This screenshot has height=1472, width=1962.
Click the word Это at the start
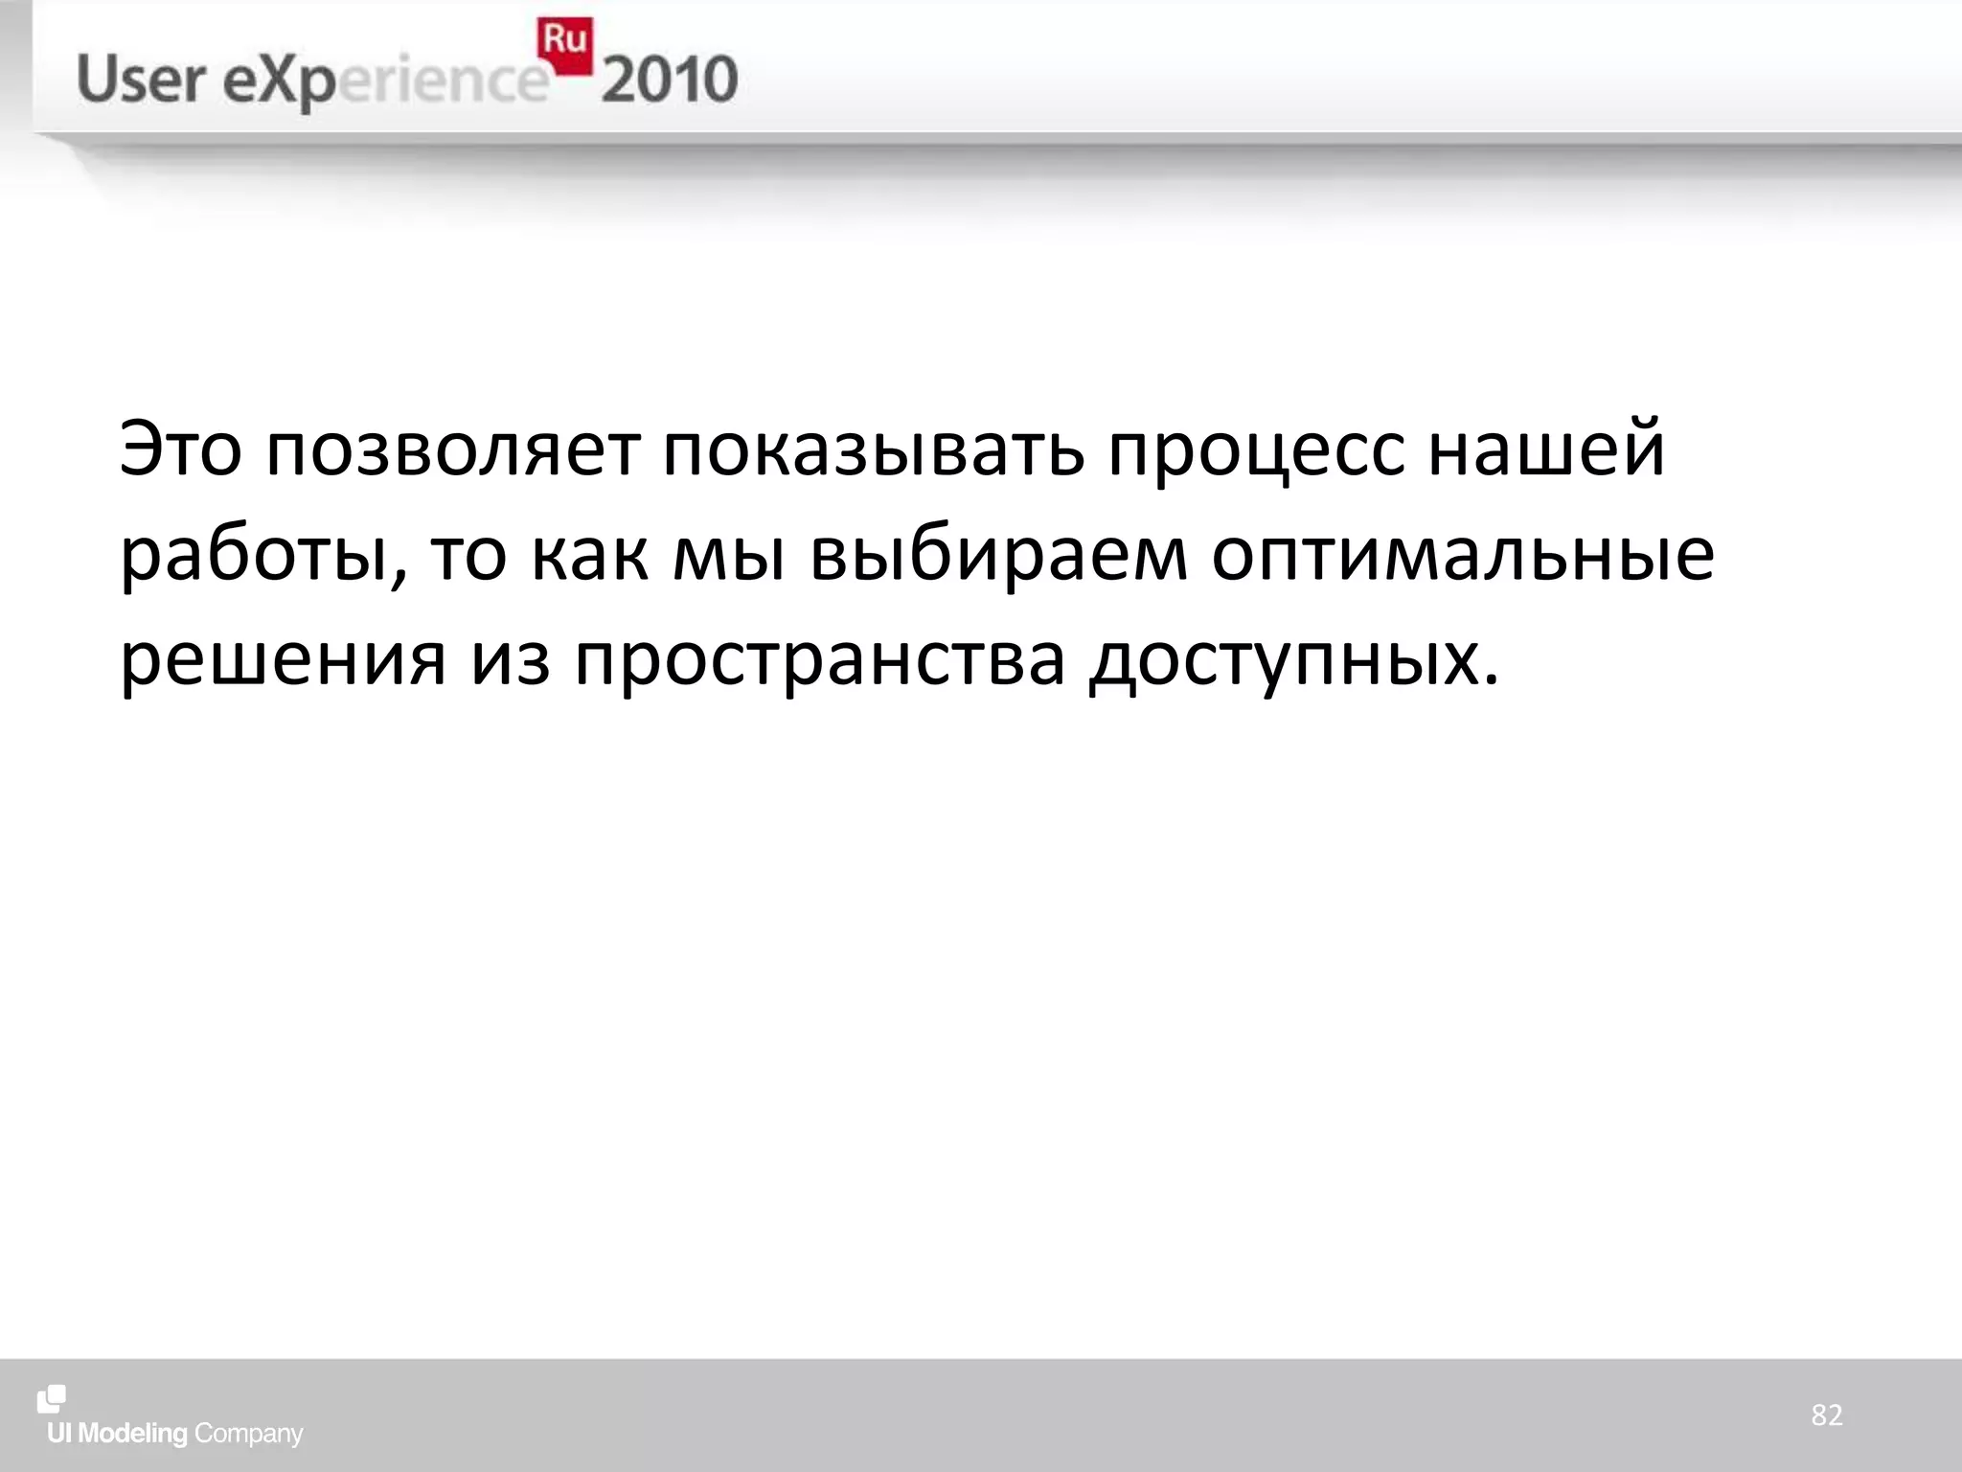tap(180, 449)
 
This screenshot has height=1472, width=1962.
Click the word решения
tap(283, 661)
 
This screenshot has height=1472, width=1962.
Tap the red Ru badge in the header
tap(565, 44)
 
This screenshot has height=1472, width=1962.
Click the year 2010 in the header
tap(670, 80)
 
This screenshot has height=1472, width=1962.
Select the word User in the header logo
tap(141, 80)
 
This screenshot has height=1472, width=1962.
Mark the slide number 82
tap(1826, 1415)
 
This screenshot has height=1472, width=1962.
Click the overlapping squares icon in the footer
tap(52, 1399)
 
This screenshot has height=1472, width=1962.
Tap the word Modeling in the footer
tap(132, 1435)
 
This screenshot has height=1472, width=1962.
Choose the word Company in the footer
tap(248, 1435)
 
